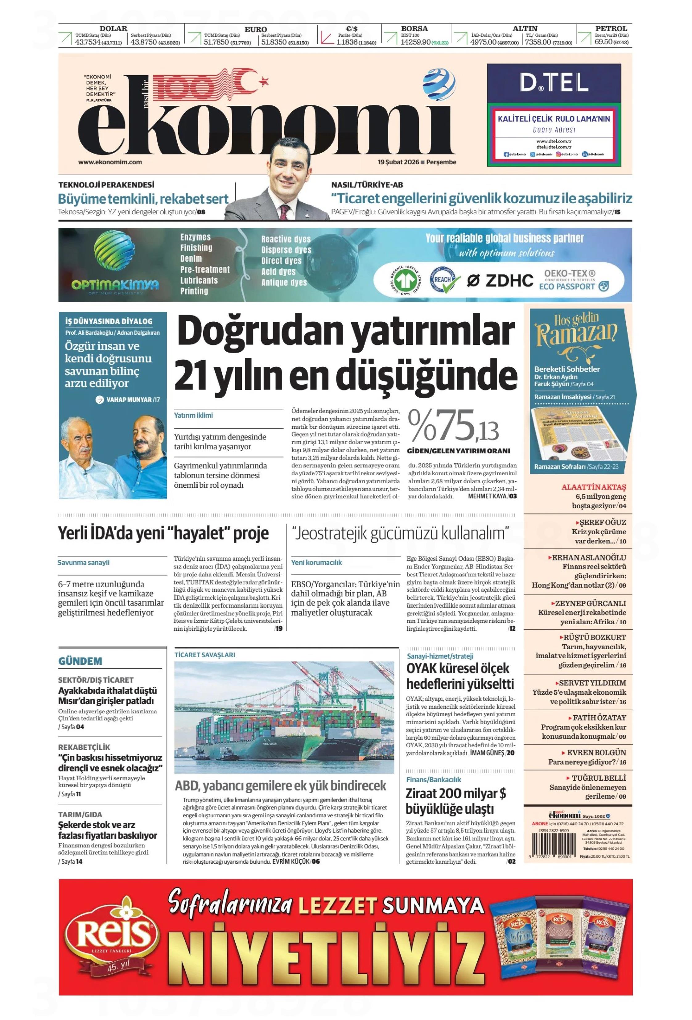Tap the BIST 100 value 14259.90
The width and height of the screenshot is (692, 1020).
pos(415,43)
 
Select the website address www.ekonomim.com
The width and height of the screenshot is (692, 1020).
pos(110,162)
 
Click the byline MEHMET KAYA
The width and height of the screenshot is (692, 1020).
pos(487,496)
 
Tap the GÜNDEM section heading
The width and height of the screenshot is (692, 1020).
pos(80,661)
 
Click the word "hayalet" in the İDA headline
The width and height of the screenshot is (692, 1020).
pos(196,533)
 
